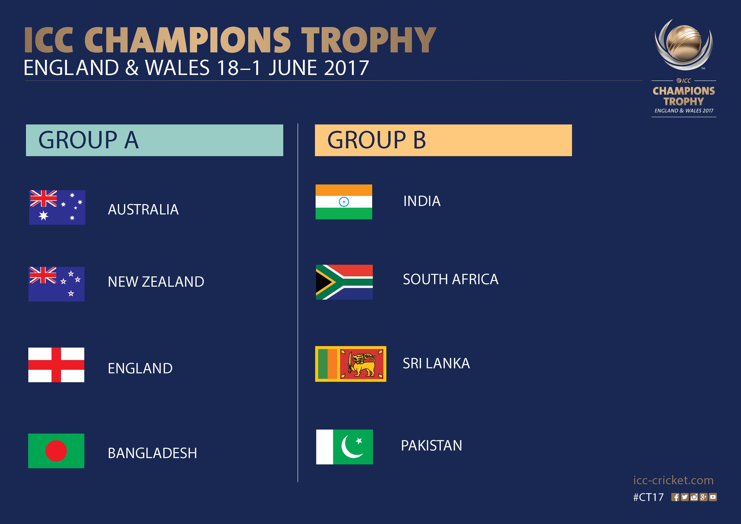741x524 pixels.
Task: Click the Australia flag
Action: click(57, 207)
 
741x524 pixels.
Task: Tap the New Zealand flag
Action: click(56, 284)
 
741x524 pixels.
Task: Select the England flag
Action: click(56, 365)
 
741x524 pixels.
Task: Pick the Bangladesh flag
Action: click(56, 451)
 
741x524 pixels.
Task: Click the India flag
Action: click(344, 202)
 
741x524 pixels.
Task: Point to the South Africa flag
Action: click(344, 282)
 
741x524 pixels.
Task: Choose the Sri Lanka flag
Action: click(351, 364)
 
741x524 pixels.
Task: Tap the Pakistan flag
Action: click(344, 447)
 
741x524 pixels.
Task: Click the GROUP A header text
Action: click(89, 140)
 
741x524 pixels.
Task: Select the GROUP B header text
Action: click(377, 140)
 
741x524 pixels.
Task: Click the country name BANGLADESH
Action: click(152, 453)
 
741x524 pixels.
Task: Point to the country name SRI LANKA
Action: click(436, 363)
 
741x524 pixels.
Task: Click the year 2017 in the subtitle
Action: click(346, 68)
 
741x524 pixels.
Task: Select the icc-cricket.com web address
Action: click(673, 480)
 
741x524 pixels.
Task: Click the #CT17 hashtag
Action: click(648, 497)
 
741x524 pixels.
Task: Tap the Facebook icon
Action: click(675, 497)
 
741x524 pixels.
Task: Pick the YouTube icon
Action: click(713, 497)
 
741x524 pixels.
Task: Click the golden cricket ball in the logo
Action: click(683, 43)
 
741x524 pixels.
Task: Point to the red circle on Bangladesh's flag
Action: click(56, 451)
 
